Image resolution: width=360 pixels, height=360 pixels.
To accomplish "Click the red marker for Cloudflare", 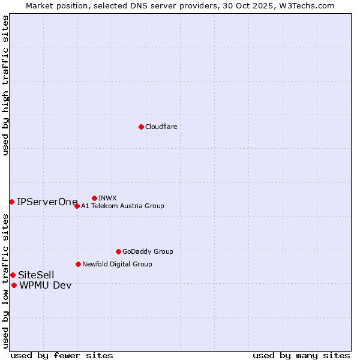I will [141, 127].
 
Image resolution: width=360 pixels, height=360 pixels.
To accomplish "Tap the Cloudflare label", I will [161, 127].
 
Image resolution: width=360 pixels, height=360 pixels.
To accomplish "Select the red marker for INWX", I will [94, 198].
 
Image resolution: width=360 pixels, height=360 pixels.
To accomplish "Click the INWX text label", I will [107, 198].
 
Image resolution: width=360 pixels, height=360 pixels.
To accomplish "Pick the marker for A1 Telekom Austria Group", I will [77, 206].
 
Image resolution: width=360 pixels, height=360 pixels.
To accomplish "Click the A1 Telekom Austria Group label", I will [122, 206].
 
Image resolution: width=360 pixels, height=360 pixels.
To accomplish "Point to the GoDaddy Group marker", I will [118, 251].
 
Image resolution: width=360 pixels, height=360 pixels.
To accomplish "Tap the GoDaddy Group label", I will [148, 251].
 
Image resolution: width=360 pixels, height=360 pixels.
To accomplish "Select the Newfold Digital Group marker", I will [78, 264].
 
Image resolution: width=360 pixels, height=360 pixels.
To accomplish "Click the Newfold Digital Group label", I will [117, 264].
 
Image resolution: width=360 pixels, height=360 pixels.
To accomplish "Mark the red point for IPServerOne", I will [11, 202].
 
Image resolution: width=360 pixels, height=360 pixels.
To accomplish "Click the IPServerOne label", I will [47, 202].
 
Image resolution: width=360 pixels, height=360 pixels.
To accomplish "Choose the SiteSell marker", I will [13, 275].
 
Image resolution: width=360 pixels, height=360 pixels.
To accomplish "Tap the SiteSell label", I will [36, 275].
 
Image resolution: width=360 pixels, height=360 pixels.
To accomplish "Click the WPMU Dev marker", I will [14, 285].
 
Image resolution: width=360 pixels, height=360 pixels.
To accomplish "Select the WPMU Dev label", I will [46, 285].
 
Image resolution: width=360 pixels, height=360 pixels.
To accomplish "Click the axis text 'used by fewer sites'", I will [62, 355].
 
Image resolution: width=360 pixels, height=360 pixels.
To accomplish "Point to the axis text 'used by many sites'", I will [301, 355].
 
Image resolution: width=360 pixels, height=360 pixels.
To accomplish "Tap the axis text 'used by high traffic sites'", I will [6, 85].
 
